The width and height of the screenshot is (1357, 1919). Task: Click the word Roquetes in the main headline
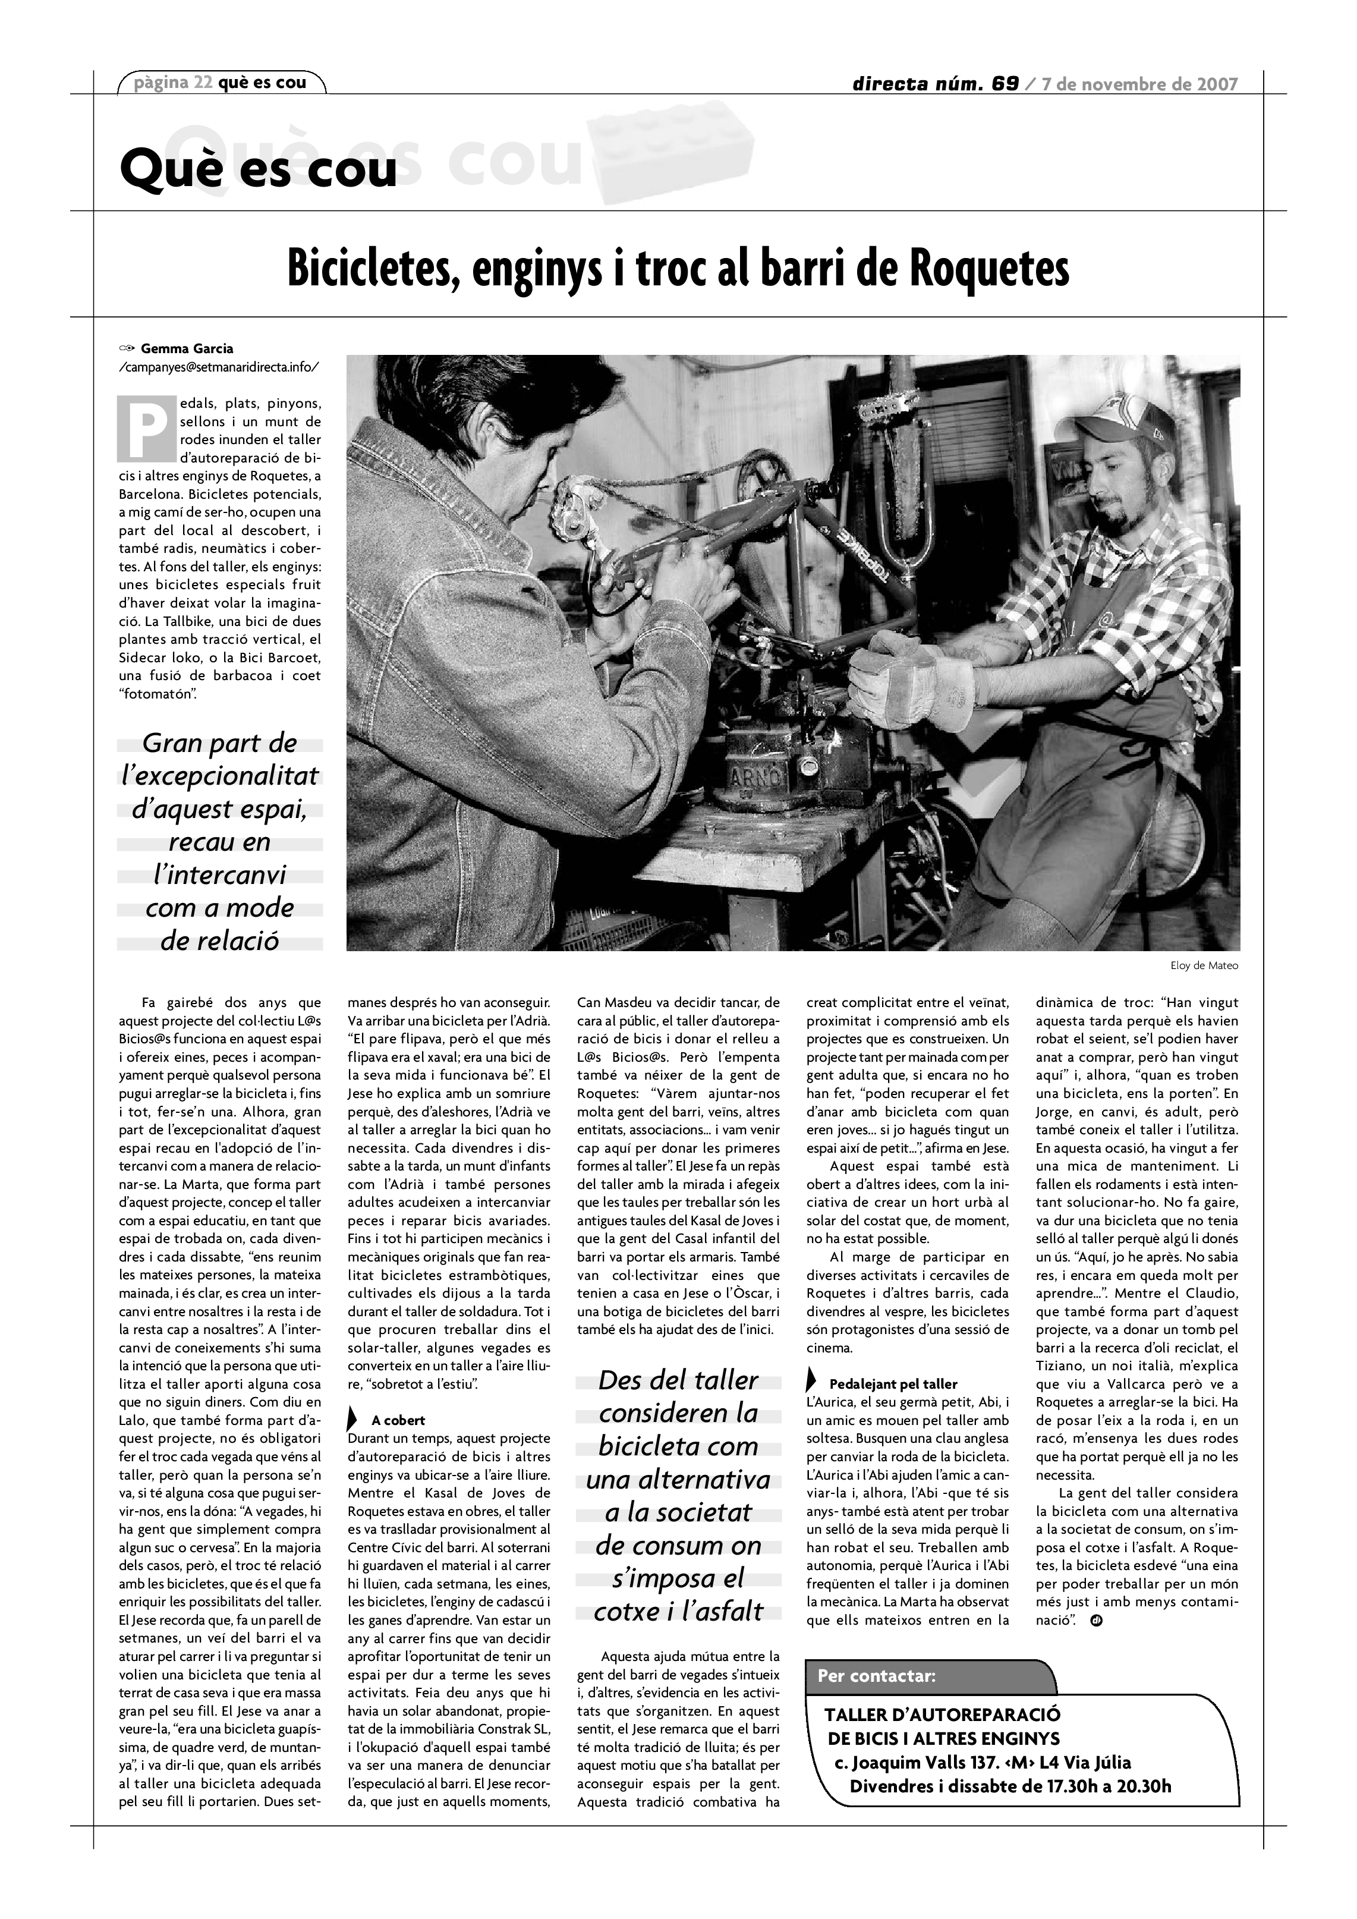(x=988, y=269)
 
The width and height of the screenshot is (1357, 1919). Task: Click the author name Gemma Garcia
(x=187, y=348)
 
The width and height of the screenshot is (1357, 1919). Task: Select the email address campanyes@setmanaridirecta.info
(x=219, y=366)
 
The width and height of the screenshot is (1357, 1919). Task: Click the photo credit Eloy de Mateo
(x=1204, y=965)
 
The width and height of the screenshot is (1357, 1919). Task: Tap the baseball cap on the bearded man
(x=1118, y=416)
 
